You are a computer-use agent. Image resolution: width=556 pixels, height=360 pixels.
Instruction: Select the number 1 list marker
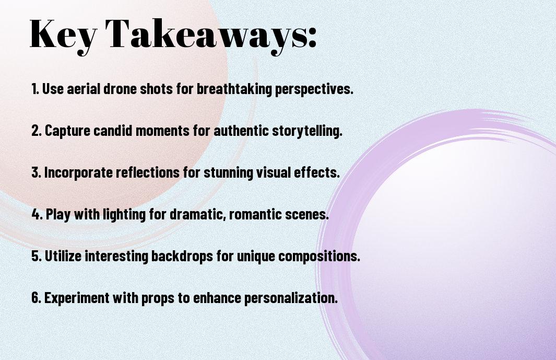pyautogui.click(x=35, y=89)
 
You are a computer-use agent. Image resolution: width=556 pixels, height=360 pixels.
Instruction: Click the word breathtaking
pyautogui.click(x=234, y=89)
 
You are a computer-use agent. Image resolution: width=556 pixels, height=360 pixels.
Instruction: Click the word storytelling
pyautogui.click(x=307, y=131)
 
